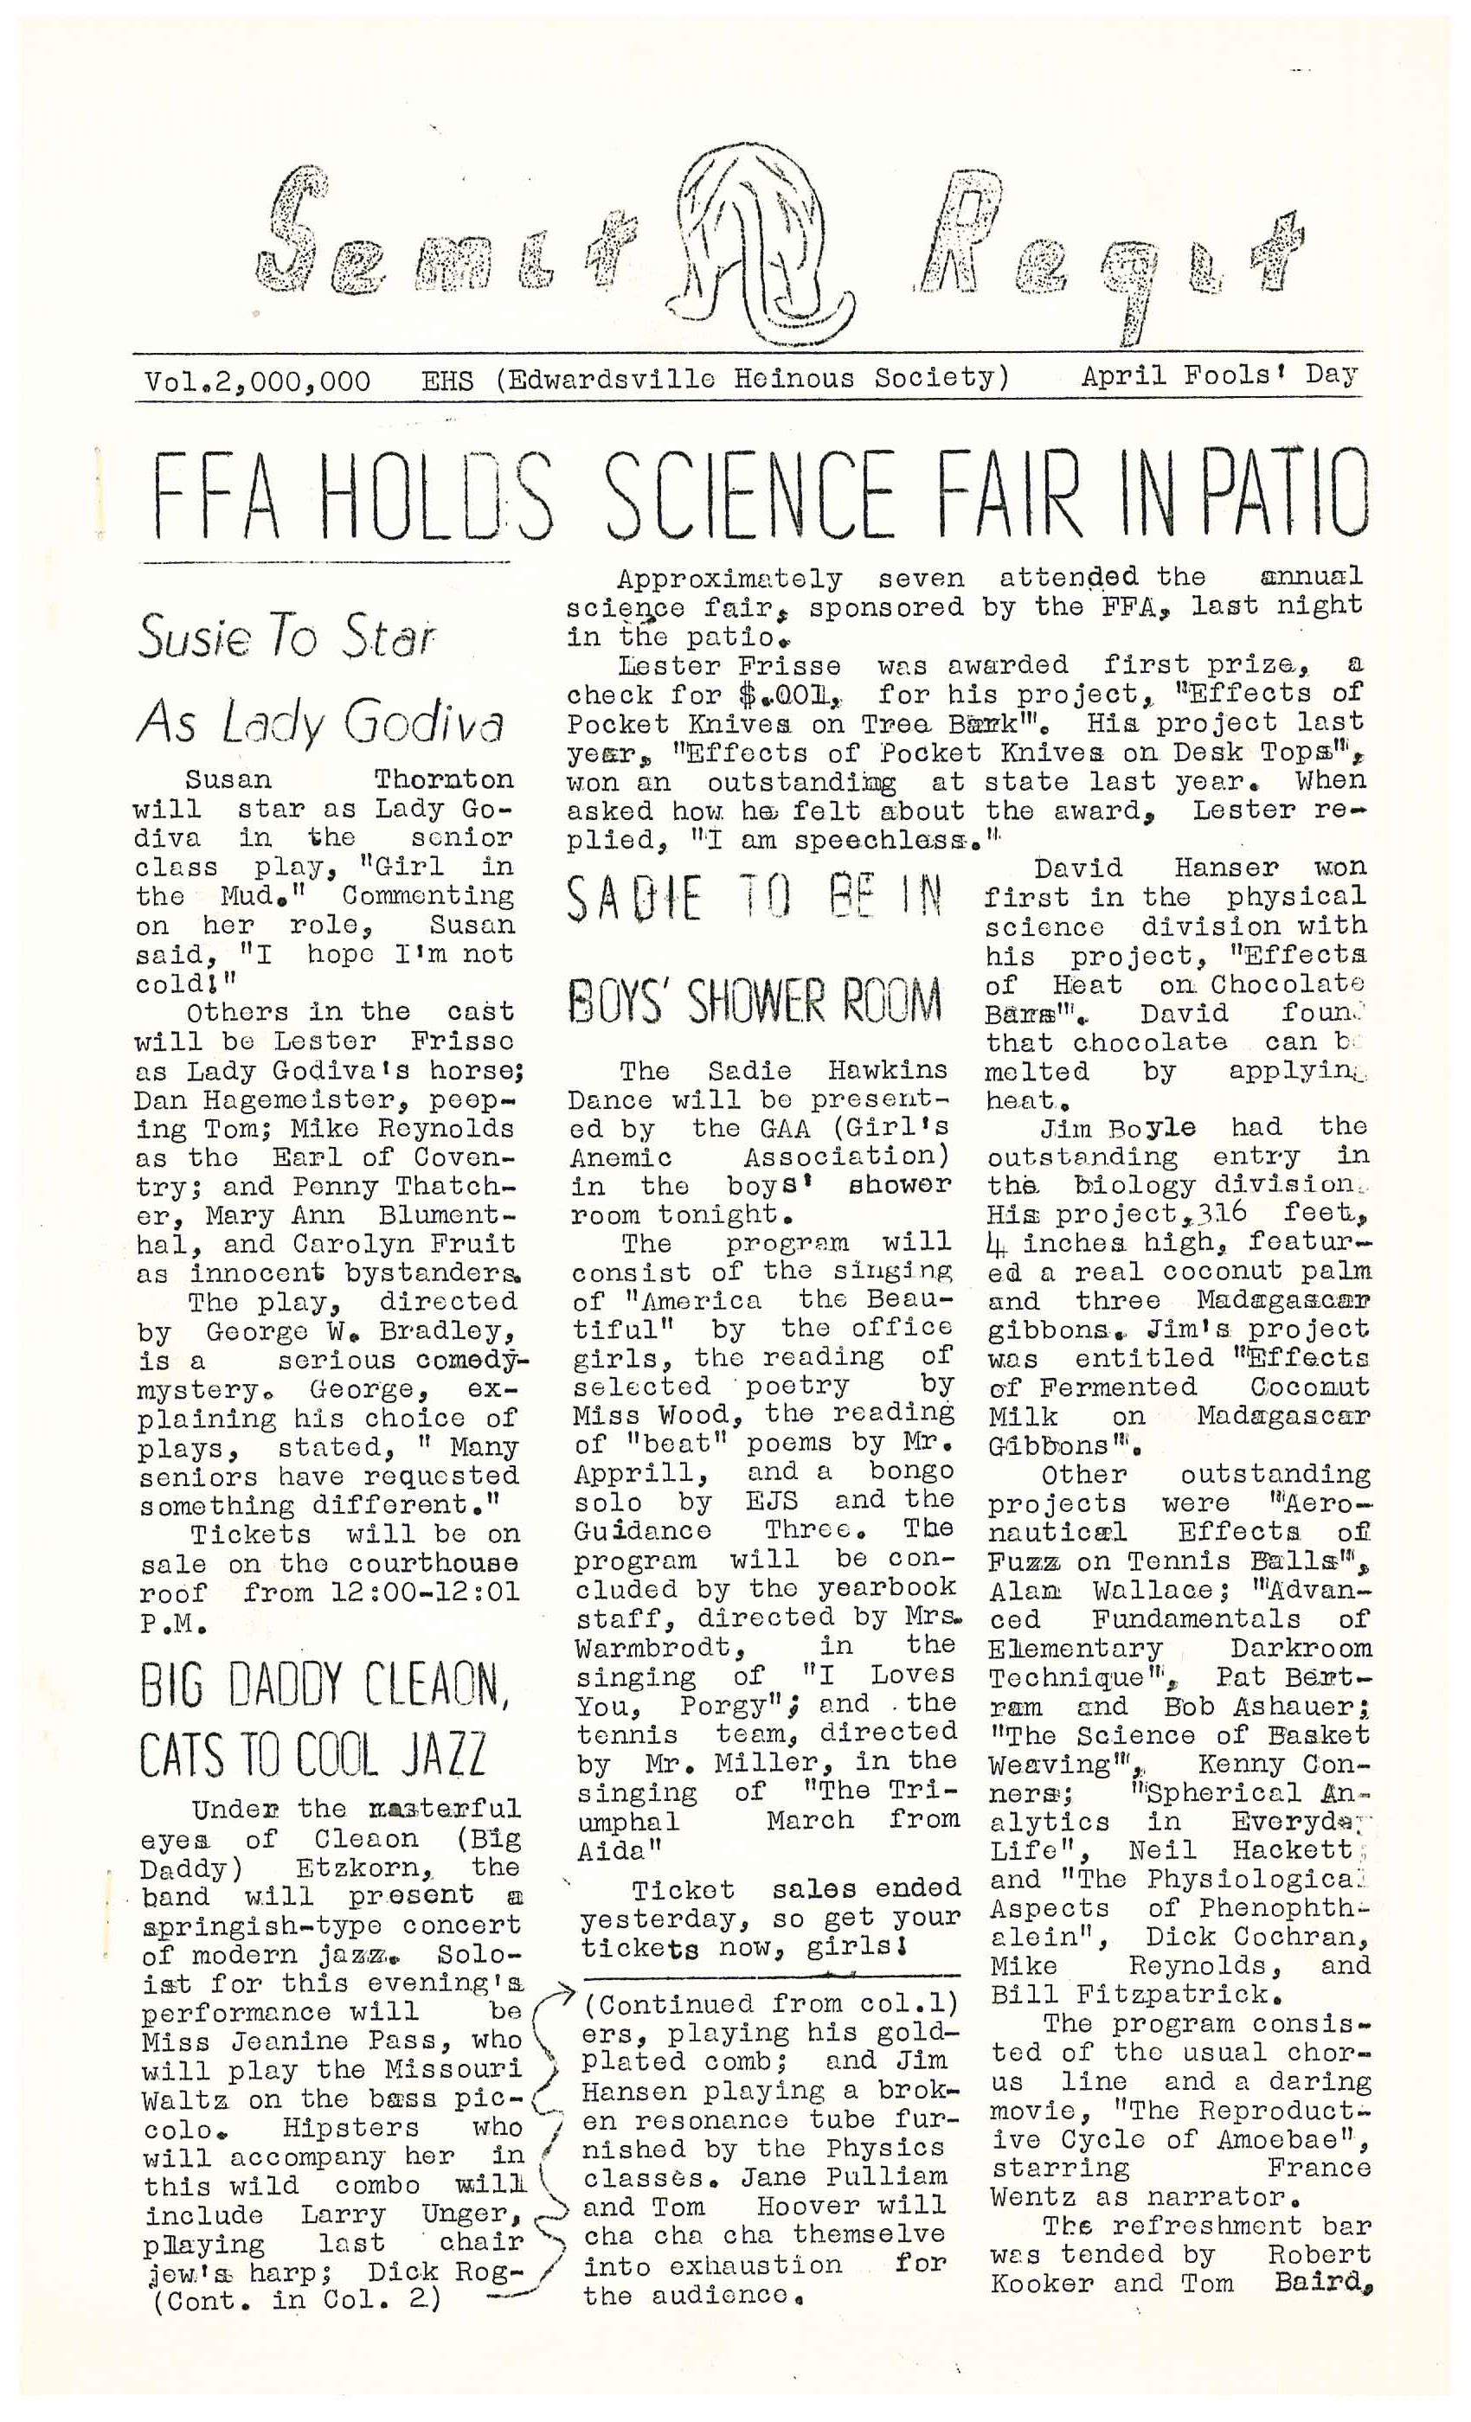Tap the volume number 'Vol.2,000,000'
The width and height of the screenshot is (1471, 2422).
click(x=258, y=381)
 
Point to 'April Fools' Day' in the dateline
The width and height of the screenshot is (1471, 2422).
click(x=1218, y=376)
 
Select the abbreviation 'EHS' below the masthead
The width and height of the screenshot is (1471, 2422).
click(x=447, y=381)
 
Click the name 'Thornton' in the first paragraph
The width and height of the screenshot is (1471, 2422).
click(x=443, y=779)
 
